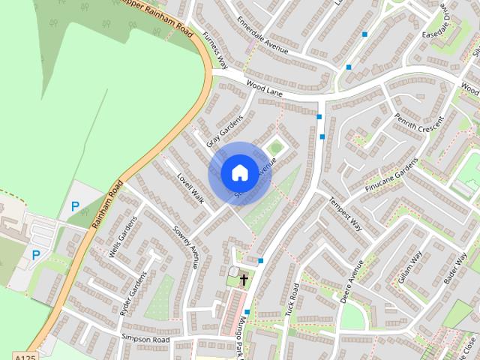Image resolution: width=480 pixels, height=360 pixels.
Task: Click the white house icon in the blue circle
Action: pyautogui.click(x=239, y=172)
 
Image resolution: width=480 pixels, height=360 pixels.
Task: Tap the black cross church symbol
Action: pyautogui.click(x=243, y=280)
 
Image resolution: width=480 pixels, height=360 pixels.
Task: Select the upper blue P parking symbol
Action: pyautogui.click(x=74, y=206)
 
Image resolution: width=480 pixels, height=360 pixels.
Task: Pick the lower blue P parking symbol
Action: pyautogui.click(x=35, y=255)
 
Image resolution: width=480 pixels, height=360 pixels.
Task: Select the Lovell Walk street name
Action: pyautogui.click(x=190, y=185)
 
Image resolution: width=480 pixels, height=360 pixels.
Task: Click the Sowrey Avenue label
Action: pyautogui.click(x=186, y=246)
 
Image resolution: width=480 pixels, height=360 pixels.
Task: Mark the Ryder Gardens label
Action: pyautogui.click(x=135, y=292)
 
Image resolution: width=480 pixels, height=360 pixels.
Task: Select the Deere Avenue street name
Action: pyautogui.click(x=352, y=281)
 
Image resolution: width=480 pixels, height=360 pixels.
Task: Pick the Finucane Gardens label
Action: pyautogui.click(x=390, y=175)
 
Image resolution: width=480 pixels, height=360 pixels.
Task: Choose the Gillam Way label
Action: pyautogui.click(x=412, y=265)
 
